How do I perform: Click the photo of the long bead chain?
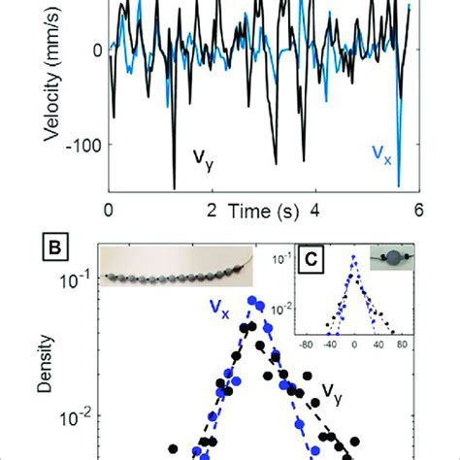[x=184, y=285]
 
